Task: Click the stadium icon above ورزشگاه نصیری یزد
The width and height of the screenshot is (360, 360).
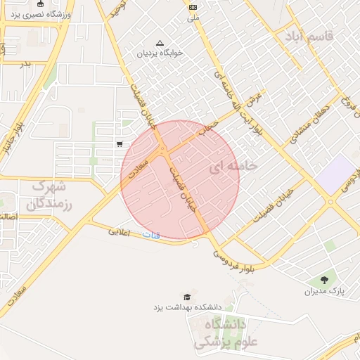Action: coord(41,4)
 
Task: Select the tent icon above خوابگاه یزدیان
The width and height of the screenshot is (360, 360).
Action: coord(160,42)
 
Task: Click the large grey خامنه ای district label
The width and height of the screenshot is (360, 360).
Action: coord(233,166)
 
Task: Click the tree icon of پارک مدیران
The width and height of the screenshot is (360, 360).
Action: coord(324,281)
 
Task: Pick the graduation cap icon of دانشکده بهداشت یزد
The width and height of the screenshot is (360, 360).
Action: coord(186,297)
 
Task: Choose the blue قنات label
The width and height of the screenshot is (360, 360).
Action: coord(150,233)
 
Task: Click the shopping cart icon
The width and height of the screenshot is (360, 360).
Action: coord(120,144)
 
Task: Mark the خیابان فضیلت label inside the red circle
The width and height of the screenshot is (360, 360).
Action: coord(183,194)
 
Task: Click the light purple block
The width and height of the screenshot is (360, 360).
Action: coord(336,174)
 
